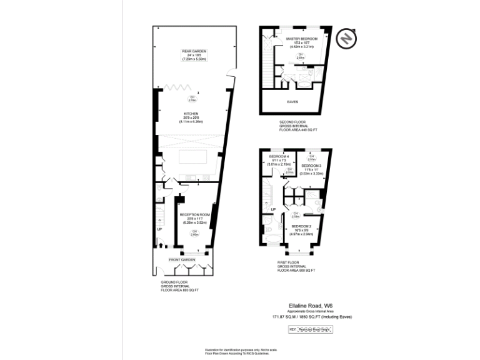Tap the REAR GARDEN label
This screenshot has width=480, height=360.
194,51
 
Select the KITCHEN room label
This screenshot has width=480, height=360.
191,114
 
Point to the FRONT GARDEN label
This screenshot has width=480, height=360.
182,259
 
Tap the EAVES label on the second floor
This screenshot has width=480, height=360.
292,102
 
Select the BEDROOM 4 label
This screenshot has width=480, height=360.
279,156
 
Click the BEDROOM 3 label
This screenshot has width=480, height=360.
311,166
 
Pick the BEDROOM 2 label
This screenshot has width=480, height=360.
301,226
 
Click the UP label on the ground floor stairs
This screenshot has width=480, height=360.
159,229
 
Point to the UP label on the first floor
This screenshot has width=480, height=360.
273,209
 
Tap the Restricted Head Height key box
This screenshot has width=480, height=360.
316,329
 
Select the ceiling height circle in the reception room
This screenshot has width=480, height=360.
195,232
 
